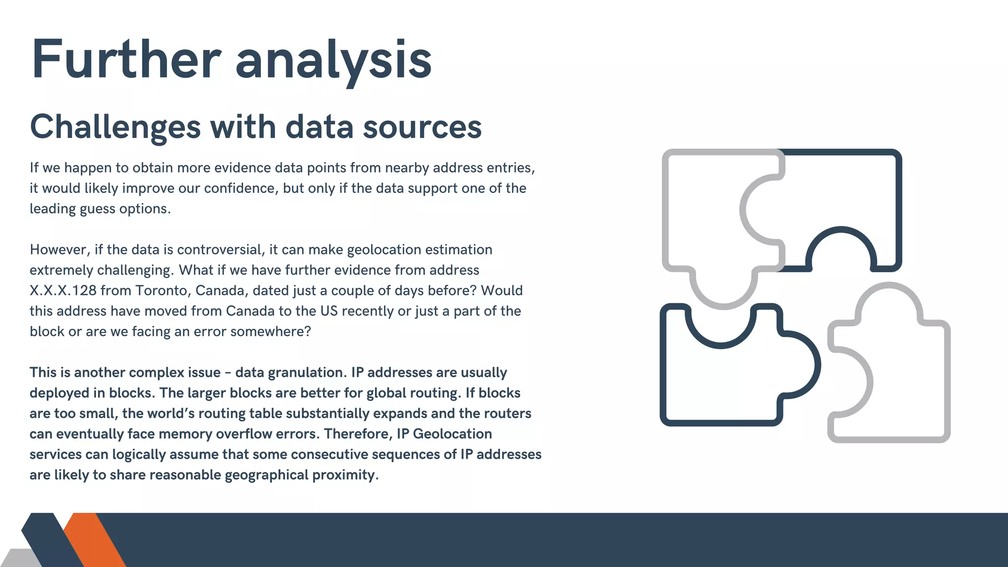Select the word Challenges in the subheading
(x=115, y=127)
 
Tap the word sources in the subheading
(x=422, y=127)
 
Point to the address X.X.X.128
(x=63, y=290)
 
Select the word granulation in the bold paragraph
(x=290, y=373)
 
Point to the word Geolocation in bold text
(x=452, y=434)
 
